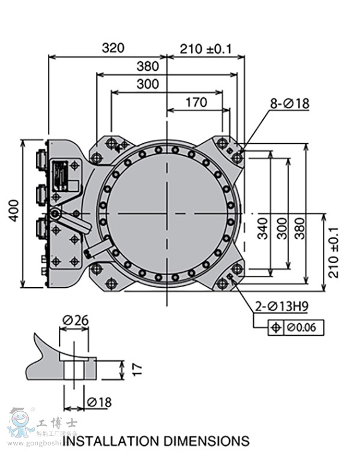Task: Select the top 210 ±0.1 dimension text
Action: click(206, 49)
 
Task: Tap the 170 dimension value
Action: click(196, 103)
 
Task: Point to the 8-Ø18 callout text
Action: click(289, 104)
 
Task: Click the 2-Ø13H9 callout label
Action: click(281, 307)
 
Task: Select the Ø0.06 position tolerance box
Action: click(296, 327)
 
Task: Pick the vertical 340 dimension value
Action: click(263, 228)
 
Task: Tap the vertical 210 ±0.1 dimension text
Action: click(334, 252)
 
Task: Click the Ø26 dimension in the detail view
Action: click(75, 320)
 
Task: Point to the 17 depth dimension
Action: click(137, 369)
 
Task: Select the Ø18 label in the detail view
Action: click(99, 402)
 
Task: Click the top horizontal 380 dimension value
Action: click(148, 66)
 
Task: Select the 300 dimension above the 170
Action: click(148, 84)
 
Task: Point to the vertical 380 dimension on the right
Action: click(299, 228)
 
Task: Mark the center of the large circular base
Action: click(167, 213)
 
